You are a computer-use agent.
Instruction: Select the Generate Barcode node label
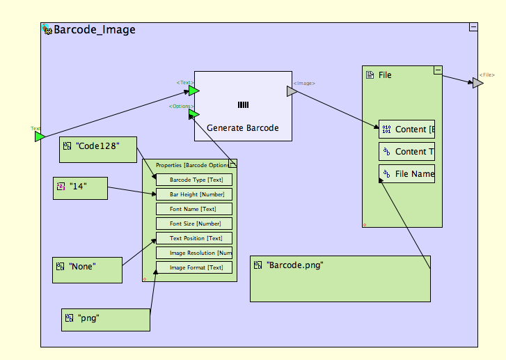[242, 128]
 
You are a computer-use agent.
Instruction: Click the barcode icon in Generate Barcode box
[242, 104]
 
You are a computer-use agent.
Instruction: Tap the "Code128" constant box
[98, 150]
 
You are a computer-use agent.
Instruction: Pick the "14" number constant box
[81, 188]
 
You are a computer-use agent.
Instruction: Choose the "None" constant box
[87, 269]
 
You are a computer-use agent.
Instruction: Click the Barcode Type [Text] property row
[194, 180]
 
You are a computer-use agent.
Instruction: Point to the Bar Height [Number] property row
[194, 194]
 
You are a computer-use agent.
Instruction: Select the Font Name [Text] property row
[194, 209]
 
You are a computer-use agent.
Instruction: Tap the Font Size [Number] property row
[194, 224]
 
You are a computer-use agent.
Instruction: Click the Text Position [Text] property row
[194, 238]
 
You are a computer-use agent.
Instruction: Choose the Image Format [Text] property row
[194, 267]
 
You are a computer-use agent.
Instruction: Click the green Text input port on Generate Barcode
[193, 91]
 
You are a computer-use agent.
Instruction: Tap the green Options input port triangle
[193, 114]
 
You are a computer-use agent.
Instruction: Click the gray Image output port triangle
[292, 91]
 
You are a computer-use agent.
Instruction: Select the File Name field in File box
[407, 174]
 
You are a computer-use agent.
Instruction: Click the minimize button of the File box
[438, 70]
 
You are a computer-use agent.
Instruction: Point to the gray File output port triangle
[477, 83]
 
